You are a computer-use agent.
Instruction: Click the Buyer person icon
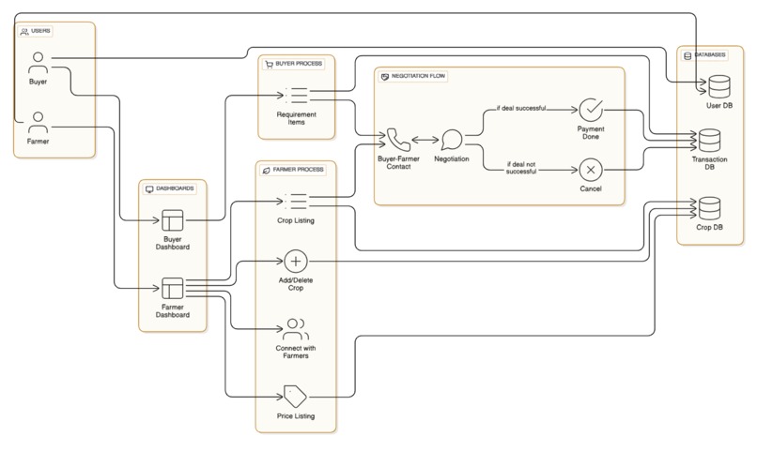pyautogui.click(x=38, y=64)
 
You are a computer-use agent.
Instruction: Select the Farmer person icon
pyautogui.click(x=38, y=123)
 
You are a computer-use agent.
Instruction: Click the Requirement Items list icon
pyautogui.click(x=297, y=95)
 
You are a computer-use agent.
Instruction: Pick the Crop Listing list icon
pyautogui.click(x=297, y=200)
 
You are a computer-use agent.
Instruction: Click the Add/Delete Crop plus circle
pyautogui.click(x=296, y=261)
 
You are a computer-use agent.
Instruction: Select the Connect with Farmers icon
pyautogui.click(x=296, y=329)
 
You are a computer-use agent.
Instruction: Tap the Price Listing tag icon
pyautogui.click(x=296, y=394)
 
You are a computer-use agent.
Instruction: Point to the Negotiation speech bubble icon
pyautogui.click(x=453, y=142)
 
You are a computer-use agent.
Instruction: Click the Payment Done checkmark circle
pyautogui.click(x=590, y=111)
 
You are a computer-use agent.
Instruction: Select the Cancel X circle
pyautogui.click(x=590, y=170)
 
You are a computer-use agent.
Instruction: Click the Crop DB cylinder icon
pyautogui.click(x=710, y=206)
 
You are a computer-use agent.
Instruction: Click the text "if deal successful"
pyautogui.click(x=521, y=108)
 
